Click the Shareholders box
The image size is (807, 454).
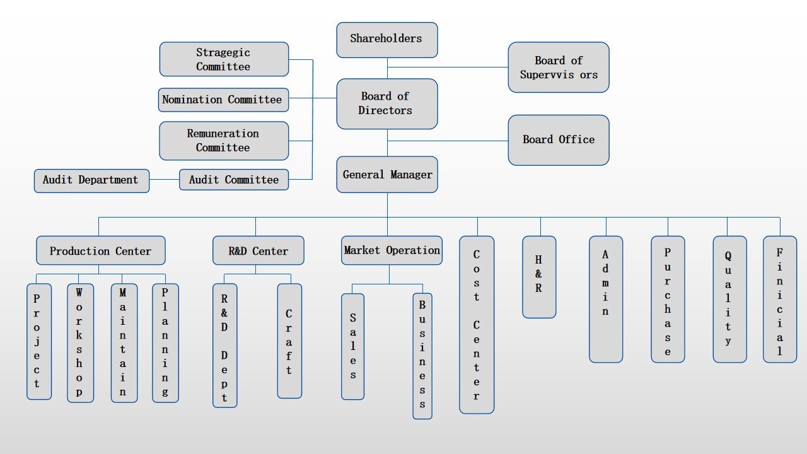386,40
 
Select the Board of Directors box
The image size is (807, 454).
386,103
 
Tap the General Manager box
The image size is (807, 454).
386,175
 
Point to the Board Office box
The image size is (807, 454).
558,140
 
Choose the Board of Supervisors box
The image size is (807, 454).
558,67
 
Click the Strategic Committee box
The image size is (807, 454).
224,60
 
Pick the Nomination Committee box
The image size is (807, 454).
223,100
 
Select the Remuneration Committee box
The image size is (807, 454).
224,141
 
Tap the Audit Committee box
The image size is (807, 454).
234,180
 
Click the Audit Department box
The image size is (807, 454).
91,180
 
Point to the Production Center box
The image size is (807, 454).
101,251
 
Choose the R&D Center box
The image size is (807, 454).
258,251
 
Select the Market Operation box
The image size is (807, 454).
392,250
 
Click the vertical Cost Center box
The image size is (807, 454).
477,325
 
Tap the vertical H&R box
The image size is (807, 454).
539,277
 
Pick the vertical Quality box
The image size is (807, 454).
729,299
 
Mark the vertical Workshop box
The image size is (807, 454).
80,342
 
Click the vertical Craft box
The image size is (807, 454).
289,340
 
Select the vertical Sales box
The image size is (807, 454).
352,346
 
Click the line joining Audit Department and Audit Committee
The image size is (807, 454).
165,180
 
